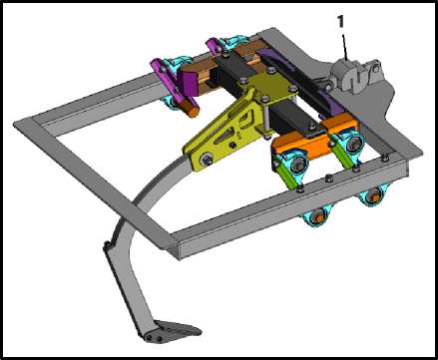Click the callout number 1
(x=340, y=22)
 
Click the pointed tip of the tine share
(x=201, y=331)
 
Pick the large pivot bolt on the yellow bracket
(x=206, y=159)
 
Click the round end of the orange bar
(x=193, y=112)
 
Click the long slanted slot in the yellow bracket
(x=225, y=136)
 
